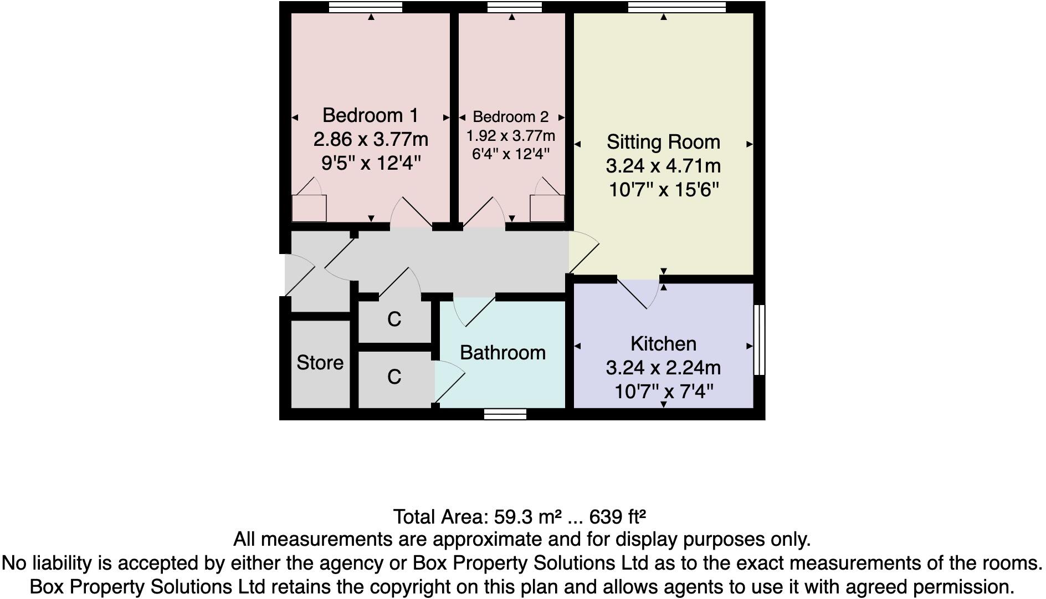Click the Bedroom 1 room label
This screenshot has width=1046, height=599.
click(x=370, y=115)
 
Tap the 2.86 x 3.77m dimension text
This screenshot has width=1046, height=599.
click(x=371, y=139)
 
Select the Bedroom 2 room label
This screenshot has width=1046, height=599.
click(x=510, y=117)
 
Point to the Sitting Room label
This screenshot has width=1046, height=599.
click(x=663, y=142)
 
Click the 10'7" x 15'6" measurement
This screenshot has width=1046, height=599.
click(x=663, y=190)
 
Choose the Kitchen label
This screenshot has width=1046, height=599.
click(x=663, y=344)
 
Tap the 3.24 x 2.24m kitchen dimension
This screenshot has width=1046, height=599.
click(x=663, y=368)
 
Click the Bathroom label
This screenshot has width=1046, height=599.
click(x=503, y=353)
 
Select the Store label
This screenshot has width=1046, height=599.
click(x=320, y=363)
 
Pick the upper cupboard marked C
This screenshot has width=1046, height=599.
click(x=394, y=319)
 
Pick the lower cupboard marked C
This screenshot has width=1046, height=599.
click(x=394, y=377)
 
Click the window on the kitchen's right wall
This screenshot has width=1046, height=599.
click(x=760, y=339)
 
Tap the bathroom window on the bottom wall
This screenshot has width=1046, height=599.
click(x=505, y=414)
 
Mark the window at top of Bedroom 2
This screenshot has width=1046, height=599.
click(x=514, y=7)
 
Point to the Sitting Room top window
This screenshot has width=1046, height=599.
click(x=677, y=7)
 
